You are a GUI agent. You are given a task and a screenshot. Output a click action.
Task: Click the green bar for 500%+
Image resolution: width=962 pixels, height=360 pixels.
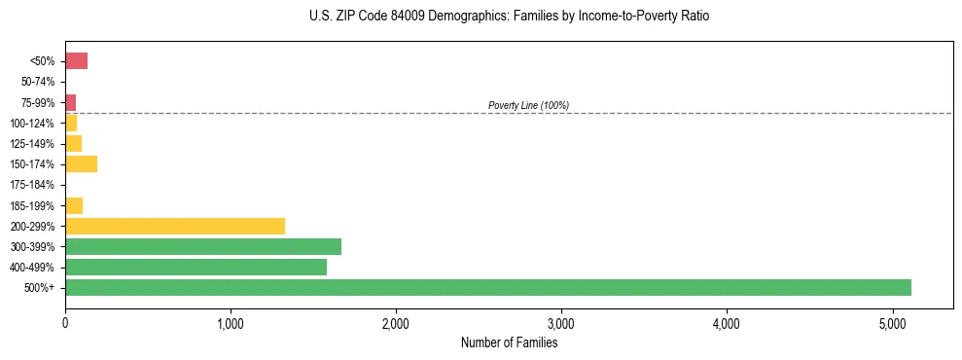coord(488,287)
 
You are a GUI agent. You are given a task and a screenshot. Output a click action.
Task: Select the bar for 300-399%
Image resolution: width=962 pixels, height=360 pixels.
coord(203,246)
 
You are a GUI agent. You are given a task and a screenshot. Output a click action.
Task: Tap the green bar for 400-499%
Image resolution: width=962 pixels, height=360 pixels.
coord(196,267)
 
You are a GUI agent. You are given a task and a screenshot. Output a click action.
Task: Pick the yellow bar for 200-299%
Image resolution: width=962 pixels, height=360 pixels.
coord(175,226)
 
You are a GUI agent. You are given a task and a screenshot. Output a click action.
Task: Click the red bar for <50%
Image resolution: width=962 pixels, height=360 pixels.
coord(76,61)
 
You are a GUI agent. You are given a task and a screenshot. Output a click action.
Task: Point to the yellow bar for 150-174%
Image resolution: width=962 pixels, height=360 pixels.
coord(81,163)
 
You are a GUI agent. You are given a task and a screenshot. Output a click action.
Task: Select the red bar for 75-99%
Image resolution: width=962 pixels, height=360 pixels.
coord(70,102)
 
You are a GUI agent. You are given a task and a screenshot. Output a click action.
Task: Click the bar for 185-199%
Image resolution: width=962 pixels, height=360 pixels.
coord(74,205)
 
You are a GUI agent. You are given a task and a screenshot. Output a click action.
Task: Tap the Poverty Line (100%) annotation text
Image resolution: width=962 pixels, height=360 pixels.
coord(528,105)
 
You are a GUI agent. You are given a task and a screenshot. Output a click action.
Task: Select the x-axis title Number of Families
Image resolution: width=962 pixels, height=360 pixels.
coord(509,342)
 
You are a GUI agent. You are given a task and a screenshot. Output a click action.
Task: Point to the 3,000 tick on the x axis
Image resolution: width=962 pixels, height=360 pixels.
coord(561,322)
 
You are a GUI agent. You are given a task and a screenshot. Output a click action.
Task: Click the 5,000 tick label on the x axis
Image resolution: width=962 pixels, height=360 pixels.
coord(892,322)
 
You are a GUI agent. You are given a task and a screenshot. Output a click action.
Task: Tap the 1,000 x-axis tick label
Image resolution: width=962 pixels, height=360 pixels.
coord(231,322)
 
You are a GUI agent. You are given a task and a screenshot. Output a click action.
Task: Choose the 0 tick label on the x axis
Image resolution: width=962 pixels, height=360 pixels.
coord(65,322)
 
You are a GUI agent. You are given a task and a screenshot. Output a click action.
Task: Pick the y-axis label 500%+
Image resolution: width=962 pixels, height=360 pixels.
coord(41,288)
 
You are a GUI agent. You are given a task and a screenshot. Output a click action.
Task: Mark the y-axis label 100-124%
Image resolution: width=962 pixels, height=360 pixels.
coord(33,124)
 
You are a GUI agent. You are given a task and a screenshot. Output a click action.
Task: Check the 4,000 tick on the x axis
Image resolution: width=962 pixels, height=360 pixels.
coord(727,322)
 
